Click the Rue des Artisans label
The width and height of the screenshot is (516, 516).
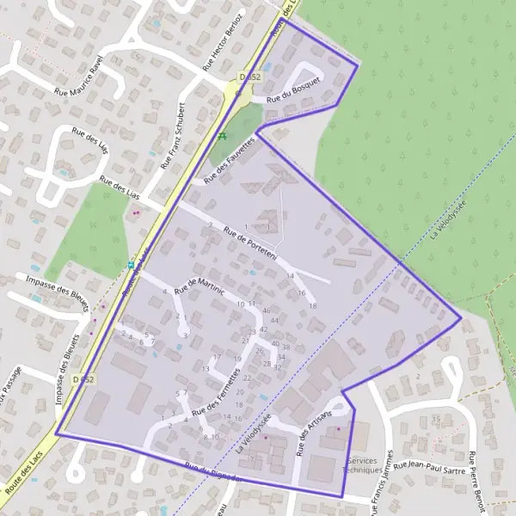[310, 427]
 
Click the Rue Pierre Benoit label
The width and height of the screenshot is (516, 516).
[477, 482]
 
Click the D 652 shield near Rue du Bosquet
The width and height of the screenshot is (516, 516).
[250, 77]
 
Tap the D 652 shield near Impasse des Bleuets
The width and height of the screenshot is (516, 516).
[83, 379]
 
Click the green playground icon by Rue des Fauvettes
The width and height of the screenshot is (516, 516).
[222, 136]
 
